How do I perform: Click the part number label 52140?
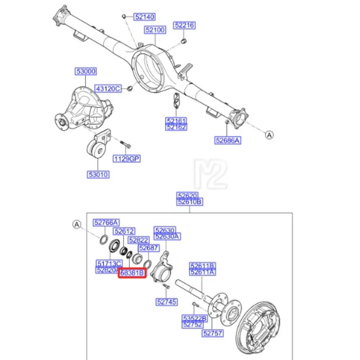(144, 17)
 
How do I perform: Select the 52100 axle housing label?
(156, 30)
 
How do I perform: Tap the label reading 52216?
(184, 25)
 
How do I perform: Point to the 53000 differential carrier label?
(86, 72)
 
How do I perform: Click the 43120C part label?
(108, 88)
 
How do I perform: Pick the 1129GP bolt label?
(127, 158)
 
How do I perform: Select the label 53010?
(98, 175)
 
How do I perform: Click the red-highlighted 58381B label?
(132, 273)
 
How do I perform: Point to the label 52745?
(166, 302)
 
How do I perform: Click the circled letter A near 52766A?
(76, 225)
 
